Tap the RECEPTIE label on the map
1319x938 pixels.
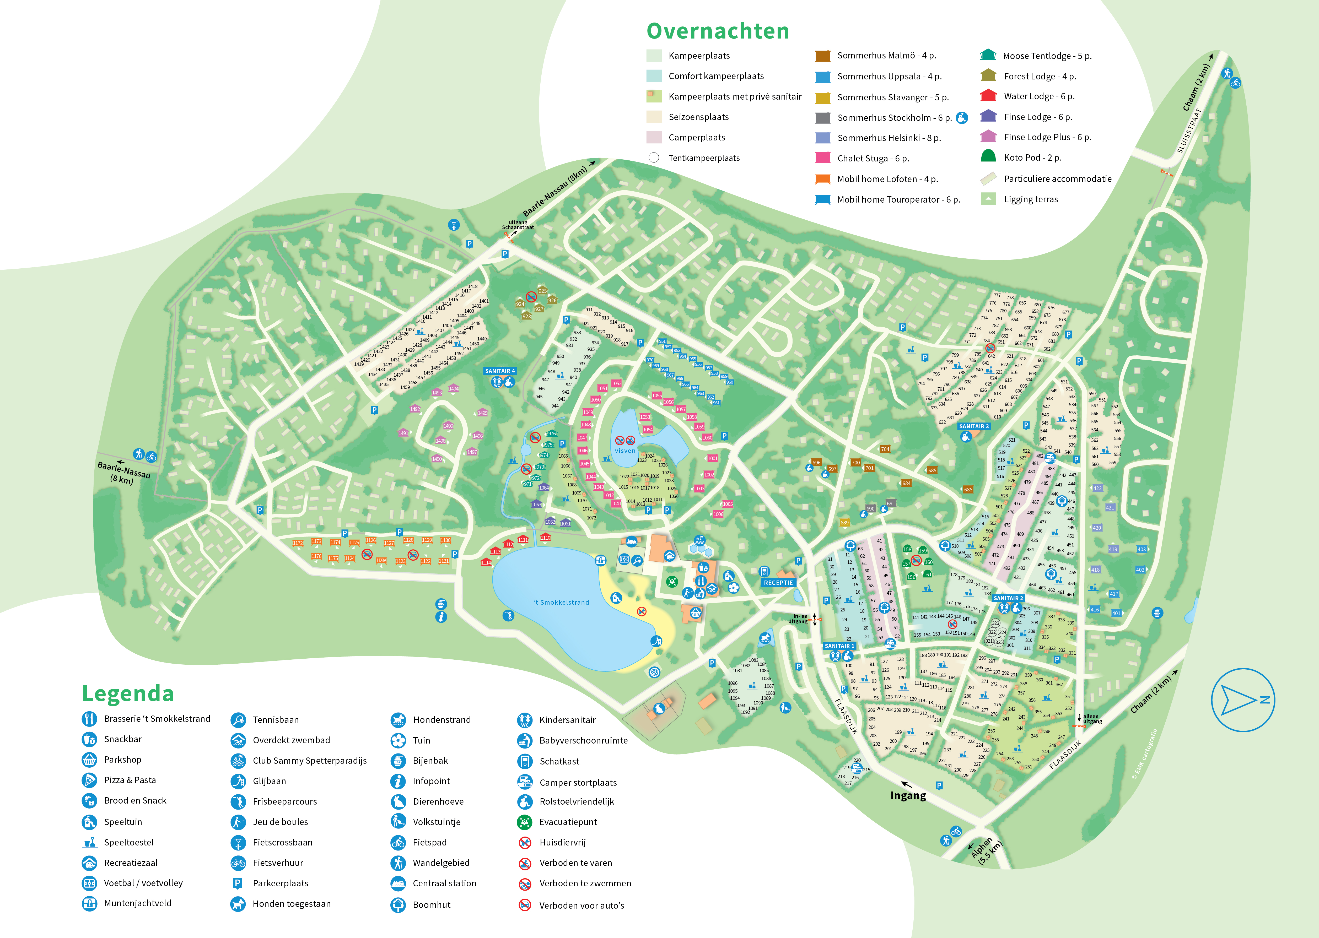[778, 583]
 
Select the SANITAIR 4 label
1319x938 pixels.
[500, 371]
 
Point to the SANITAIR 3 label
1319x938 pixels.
[974, 426]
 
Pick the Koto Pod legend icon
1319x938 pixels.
[988, 156]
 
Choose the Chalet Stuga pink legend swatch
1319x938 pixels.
[822, 158]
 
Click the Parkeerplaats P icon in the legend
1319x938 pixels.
[238, 883]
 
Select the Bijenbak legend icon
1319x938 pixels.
[398, 761]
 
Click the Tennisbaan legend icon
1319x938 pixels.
[238, 720]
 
